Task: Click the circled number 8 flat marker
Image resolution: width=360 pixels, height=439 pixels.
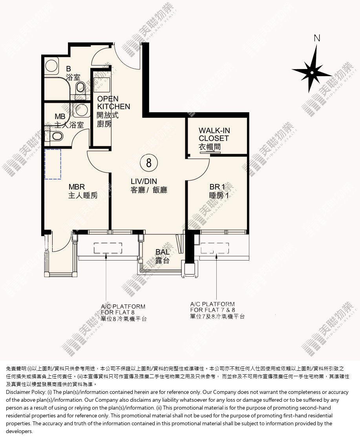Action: (x=149, y=163)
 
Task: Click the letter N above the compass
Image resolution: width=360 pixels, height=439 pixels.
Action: (x=317, y=38)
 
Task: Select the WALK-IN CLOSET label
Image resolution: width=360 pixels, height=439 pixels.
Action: (x=214, y=138)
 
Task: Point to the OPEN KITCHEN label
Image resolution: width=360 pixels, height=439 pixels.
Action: (x=113, y=111)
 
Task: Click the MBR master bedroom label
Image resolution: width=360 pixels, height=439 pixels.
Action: (x=83, y=191)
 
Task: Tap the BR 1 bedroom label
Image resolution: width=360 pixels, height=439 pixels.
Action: (x=219, y=191)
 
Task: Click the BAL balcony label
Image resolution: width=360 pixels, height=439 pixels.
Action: (x=163, y=256)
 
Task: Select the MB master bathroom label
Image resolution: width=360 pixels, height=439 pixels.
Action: (x=69, y=121)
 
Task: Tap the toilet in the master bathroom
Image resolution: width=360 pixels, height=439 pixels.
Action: (x=57, y=137)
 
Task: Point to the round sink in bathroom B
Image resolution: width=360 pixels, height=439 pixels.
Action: (x=51, y=66)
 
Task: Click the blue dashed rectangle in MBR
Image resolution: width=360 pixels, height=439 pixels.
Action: (x=53, y=164)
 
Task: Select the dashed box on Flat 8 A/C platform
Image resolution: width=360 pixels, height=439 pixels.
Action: (x=108, y=248)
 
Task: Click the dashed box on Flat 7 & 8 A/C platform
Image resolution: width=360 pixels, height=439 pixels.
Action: (x=215, y=248)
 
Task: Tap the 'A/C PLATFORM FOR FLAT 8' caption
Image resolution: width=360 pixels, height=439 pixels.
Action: (x=124, y=312)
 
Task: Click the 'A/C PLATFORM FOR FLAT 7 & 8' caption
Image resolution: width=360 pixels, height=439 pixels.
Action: (x=217, y=310)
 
